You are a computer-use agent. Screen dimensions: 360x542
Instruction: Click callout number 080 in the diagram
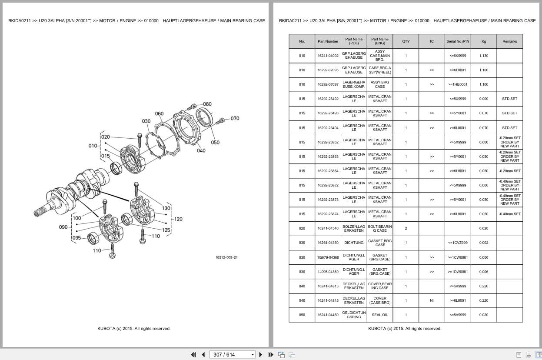[207, 104]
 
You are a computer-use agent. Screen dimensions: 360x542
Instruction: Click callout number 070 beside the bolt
[235, 118]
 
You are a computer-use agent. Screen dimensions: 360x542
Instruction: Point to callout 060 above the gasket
[160, 114]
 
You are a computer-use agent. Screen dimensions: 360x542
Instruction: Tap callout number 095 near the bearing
[76, 238]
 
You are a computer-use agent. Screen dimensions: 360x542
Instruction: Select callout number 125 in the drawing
[166, 230]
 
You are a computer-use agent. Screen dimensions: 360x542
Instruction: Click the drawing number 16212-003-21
[226, 257]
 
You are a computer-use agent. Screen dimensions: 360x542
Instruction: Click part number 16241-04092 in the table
[328, 56]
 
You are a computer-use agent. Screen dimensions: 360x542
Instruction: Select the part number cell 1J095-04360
[328, 272]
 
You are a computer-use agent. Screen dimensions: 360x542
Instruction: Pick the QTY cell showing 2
[406, 228]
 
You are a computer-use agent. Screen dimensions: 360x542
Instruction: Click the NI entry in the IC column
[432, 300]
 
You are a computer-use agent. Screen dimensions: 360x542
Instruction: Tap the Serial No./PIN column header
[458, 41]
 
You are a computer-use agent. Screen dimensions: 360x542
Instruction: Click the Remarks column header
[509, 41]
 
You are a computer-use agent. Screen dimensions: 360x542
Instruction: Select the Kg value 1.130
[484, 56]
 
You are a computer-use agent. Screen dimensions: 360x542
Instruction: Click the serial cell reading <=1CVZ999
[458, 243]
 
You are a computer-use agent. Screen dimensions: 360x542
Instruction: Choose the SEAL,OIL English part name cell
[380, 315]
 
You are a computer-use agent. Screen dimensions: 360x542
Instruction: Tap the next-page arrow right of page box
[261, 354]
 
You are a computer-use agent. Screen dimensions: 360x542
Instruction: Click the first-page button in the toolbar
[193, 354]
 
